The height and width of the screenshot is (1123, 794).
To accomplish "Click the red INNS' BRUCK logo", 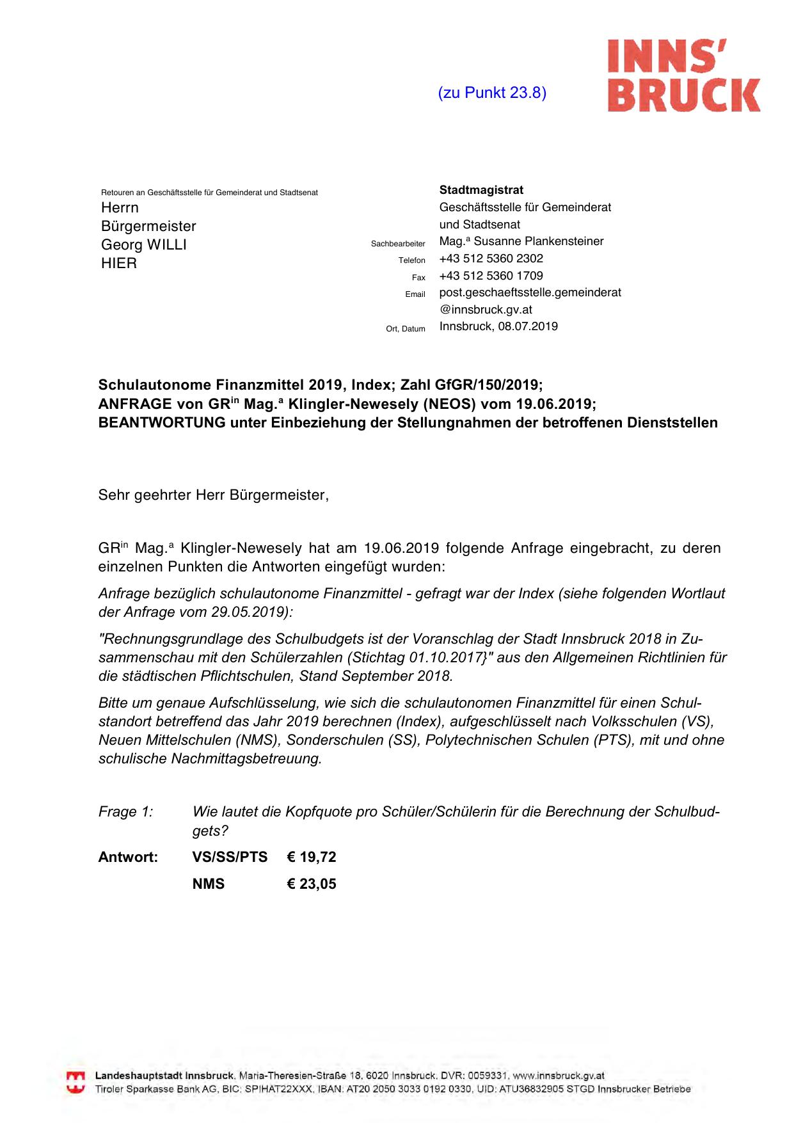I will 683,76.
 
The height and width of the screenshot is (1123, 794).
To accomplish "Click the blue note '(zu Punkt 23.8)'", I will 491,93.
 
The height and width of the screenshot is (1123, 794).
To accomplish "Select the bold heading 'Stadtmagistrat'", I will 481,190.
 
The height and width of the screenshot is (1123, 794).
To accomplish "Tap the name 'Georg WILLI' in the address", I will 144,244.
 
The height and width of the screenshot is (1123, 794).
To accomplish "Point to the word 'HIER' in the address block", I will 119,263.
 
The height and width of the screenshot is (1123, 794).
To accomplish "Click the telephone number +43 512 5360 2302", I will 491,259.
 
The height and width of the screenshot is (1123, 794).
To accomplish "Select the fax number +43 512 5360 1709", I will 491,276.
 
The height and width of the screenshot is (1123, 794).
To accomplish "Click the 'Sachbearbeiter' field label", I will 398,244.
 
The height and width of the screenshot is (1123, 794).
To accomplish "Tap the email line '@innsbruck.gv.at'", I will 486,310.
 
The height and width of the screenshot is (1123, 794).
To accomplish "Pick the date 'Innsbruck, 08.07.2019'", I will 498,326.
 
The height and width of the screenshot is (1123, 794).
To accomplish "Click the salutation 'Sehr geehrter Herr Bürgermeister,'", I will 214,495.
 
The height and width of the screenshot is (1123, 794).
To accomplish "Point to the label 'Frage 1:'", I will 125,812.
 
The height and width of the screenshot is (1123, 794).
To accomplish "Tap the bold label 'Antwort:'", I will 128,857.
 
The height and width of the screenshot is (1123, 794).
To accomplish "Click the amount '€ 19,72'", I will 312,857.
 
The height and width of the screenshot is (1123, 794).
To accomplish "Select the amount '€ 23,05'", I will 312,884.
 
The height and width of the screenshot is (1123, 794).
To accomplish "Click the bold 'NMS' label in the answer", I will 209,884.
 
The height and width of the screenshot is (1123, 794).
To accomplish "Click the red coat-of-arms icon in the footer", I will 76,1082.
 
